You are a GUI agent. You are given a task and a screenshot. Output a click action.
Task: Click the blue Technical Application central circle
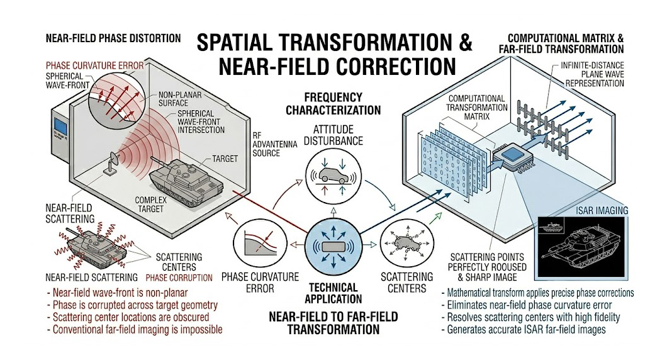click(x=334, y=245)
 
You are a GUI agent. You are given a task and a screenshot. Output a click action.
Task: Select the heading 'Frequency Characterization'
click(x=333, y=104)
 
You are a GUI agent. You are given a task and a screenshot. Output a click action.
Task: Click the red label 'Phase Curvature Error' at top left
click(x=95, y=65)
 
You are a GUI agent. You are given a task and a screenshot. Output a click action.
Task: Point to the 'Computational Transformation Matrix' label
click(x=476, y=108)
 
